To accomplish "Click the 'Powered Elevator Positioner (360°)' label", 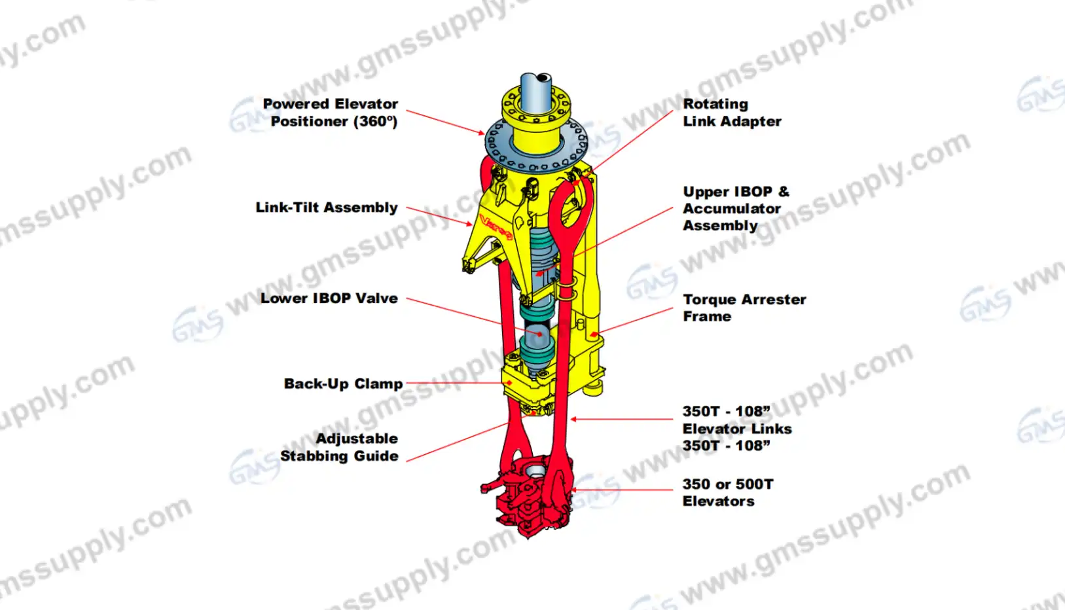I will (331, 113).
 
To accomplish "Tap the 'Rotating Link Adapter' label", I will (731, 113).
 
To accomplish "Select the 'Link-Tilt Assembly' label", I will (327, 207).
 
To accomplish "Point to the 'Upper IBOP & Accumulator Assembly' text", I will (735, 208).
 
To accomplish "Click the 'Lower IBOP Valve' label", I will (329, 298).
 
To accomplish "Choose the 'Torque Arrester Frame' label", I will (744, 308).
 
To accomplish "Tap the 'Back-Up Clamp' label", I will (343, 384).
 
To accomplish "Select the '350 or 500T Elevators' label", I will (727, 492).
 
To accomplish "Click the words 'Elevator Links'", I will (736, 429).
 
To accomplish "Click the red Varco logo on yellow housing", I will (496, 226).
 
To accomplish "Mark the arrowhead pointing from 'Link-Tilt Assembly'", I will (469, 224).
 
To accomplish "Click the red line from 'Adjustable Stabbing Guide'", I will (458, 442).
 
